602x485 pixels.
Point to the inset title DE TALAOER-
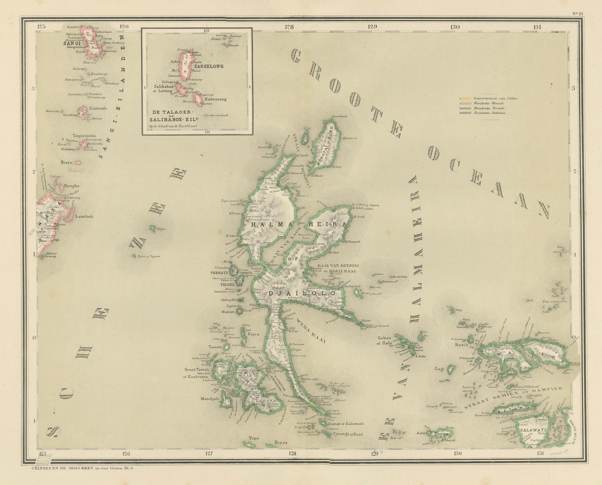(167, 112)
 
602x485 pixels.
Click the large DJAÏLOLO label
(302, 293)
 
